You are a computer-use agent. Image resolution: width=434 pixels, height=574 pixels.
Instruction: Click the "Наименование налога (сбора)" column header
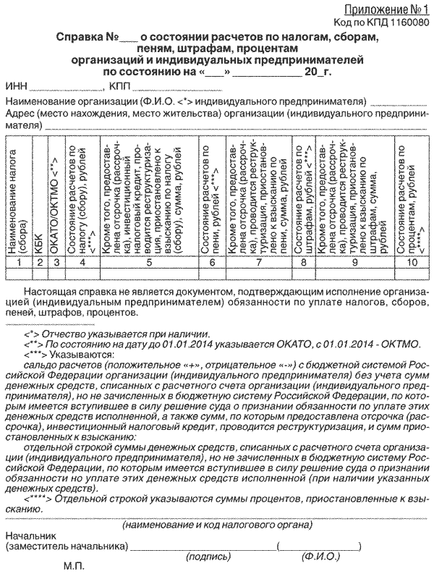[17, 203]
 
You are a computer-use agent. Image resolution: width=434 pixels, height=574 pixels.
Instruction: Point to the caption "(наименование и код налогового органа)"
[217, 523]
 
